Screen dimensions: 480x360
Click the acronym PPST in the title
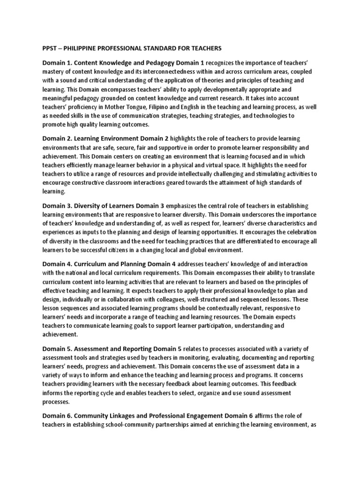[50, 48]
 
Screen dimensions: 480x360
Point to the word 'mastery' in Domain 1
[54, 72]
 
